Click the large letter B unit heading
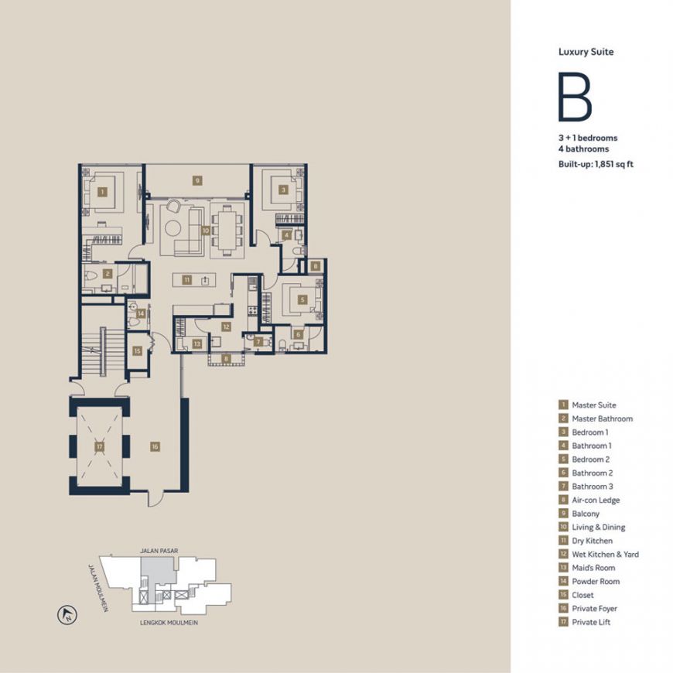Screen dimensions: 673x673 point(575,97)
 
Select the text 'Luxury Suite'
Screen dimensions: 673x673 point(586,52)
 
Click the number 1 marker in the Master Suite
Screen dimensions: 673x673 point(102,191)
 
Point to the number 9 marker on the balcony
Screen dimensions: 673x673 point(197,180)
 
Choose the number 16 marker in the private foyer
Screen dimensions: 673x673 point(155,446)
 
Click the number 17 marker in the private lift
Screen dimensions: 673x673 point(100,446)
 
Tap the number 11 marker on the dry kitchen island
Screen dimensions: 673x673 point(187,279)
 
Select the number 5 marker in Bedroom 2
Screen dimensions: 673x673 point(303,299)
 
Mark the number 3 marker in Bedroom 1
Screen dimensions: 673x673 point(283,190)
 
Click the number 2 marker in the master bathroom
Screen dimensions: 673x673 point(108,273)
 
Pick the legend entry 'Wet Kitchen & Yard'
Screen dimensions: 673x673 point(605,555)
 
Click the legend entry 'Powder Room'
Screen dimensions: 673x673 point(596,582)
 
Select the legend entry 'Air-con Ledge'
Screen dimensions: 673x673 point(596,500)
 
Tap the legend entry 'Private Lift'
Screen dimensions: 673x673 point(591,622)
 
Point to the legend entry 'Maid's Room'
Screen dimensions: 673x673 point(593,568)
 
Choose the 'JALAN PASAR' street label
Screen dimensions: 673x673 point(159,551)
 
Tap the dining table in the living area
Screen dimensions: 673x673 point(227,229)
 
